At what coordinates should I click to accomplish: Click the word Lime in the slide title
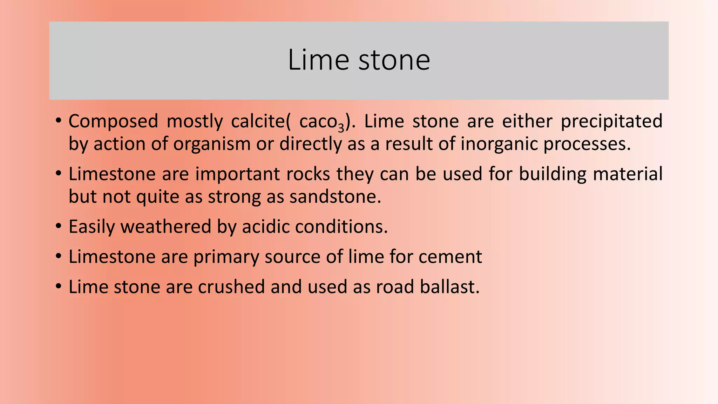click(x=318, y=60)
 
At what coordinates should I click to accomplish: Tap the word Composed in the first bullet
click(x=113, y=122)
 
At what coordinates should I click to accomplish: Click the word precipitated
click(x=611, y=122)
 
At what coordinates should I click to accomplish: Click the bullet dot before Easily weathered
click(x=59, y=226)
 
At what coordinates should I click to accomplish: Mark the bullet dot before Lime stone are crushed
click(x=59, y=287)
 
